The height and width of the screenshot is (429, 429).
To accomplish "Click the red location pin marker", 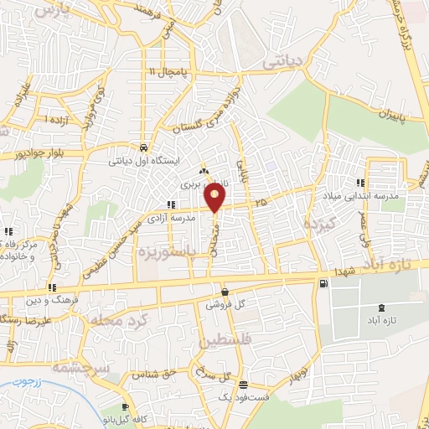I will point(215,197).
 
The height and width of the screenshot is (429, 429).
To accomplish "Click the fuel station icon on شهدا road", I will point(323,285).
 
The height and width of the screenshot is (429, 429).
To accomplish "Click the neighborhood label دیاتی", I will point(285,61).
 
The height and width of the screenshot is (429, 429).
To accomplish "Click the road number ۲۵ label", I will point(261,201).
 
